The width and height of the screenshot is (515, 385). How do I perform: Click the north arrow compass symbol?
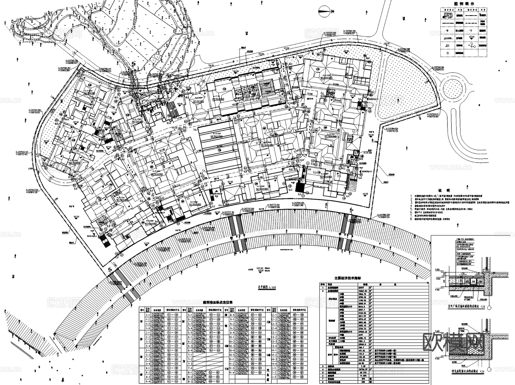(x=322, y=11)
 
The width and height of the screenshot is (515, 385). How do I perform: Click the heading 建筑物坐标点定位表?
(x=217, y=302)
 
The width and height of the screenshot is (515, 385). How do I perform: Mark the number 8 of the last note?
(x=411, y=219)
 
